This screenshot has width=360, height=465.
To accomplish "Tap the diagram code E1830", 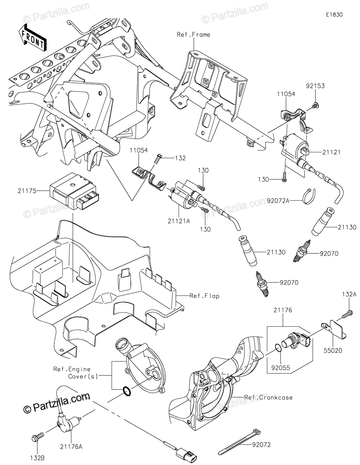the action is (x=334, y=15).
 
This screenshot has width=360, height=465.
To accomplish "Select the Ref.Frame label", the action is (x=193, y=34).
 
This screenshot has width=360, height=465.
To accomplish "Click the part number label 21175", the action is (x=27, y=191).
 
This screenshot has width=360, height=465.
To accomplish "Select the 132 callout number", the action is (x=180, y=158).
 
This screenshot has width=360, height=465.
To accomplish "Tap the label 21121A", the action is (x=179, y=221).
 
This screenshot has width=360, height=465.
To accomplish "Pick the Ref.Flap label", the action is (x=205, y=296).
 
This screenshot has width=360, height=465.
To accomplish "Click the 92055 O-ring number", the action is (x=281, y=368).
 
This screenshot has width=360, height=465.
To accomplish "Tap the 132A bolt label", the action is (x=349, y=294).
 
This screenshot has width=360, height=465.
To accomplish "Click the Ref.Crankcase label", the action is (x=269, y=397).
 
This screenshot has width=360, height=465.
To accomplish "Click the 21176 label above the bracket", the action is (x=283, y=310).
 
